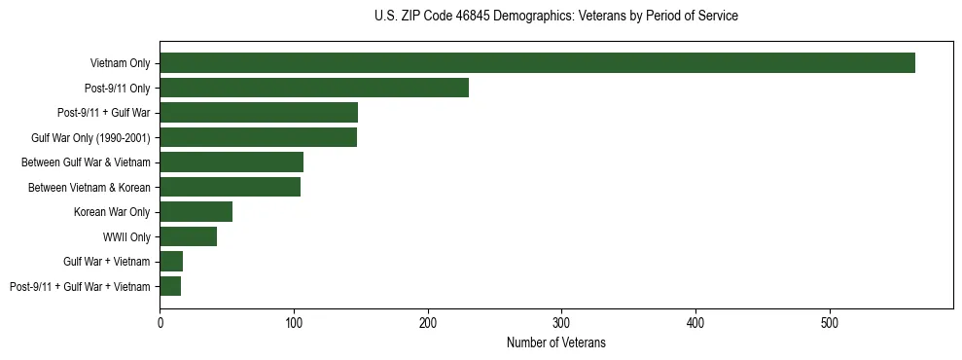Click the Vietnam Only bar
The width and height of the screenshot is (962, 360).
[x=537, y=63]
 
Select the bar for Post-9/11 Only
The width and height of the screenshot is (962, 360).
[x=313, y=88]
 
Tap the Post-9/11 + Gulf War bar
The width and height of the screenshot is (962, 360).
[x=258, y=113]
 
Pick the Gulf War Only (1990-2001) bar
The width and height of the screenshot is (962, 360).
[x=258, y=137]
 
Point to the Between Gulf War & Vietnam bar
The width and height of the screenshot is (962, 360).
[x=231, y=162]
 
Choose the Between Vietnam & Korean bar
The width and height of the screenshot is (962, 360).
[x=230, y=187]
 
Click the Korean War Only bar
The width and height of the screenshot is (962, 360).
[x=196, y=212]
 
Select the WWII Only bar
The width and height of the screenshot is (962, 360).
[x=188, y=236]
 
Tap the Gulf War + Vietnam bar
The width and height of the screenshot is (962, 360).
[x=171, y=262]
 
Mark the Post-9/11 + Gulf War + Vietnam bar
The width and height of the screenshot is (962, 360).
[x=170, y=286]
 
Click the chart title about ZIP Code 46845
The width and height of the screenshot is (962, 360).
[x=555, y=17]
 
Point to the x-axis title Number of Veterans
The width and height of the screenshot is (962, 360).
[x=555, y=342]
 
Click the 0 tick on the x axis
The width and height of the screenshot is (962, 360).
[x=160, y=322]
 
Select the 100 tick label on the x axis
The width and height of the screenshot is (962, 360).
[x=294, y=322]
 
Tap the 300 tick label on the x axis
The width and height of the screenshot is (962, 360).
[x=561, y=322]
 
